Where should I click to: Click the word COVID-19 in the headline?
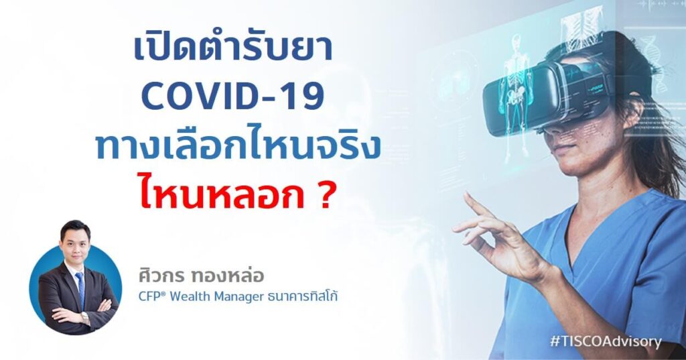coord(232,98)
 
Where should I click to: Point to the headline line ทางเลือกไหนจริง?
coord(238,147)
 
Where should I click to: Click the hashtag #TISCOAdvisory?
coord(605,341)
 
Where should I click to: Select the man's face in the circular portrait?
coord(75,239)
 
